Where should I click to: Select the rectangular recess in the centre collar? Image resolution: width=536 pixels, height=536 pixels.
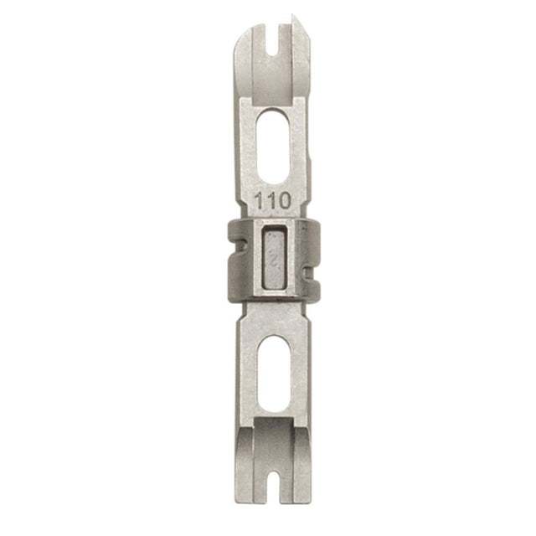[x=273, y=259]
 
